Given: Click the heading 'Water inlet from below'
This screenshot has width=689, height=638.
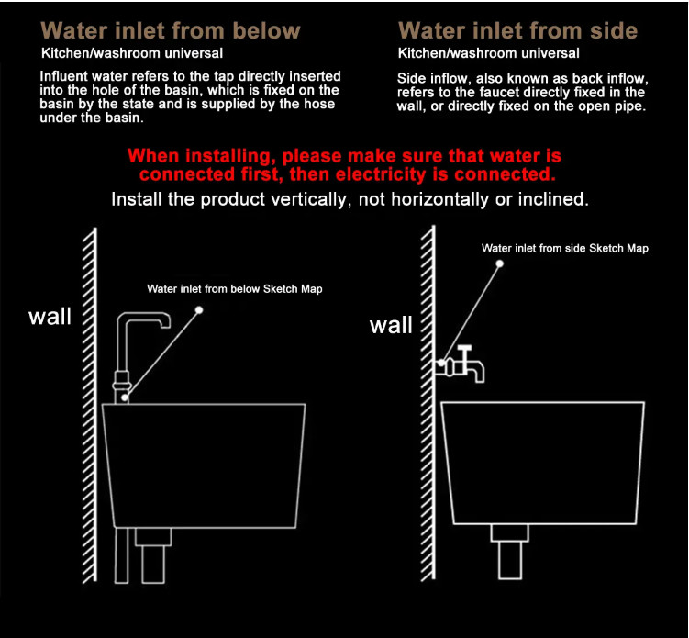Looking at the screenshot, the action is pos(171,31).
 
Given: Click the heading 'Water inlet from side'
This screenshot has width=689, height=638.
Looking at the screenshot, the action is pos(517,31).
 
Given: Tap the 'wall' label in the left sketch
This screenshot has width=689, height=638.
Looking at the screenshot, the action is pos(50,316).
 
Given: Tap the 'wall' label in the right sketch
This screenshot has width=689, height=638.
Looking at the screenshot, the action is pos(391,325).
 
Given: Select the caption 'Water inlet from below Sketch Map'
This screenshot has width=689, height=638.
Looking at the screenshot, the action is pos(235,289).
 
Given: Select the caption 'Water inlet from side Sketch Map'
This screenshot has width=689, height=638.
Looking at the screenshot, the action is pos(564,248).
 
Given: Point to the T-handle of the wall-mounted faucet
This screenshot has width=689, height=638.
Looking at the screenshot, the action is pos(464,349).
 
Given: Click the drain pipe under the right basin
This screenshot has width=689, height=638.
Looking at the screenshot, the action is pos(510,552).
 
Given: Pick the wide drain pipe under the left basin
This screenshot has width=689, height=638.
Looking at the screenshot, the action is pos(153,555).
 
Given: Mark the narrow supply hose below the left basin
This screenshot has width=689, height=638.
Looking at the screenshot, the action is pos(122,555).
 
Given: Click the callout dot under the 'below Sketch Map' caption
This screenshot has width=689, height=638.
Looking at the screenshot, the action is pos(199,310).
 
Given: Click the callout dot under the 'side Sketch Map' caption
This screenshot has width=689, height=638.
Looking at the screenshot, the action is pos(500,263).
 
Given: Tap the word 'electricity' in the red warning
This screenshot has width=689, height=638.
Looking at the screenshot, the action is pos(382,174).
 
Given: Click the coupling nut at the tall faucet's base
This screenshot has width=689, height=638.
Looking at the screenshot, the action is pos(122,382).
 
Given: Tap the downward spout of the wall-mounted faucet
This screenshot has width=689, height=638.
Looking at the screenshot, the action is pos(478,372).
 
